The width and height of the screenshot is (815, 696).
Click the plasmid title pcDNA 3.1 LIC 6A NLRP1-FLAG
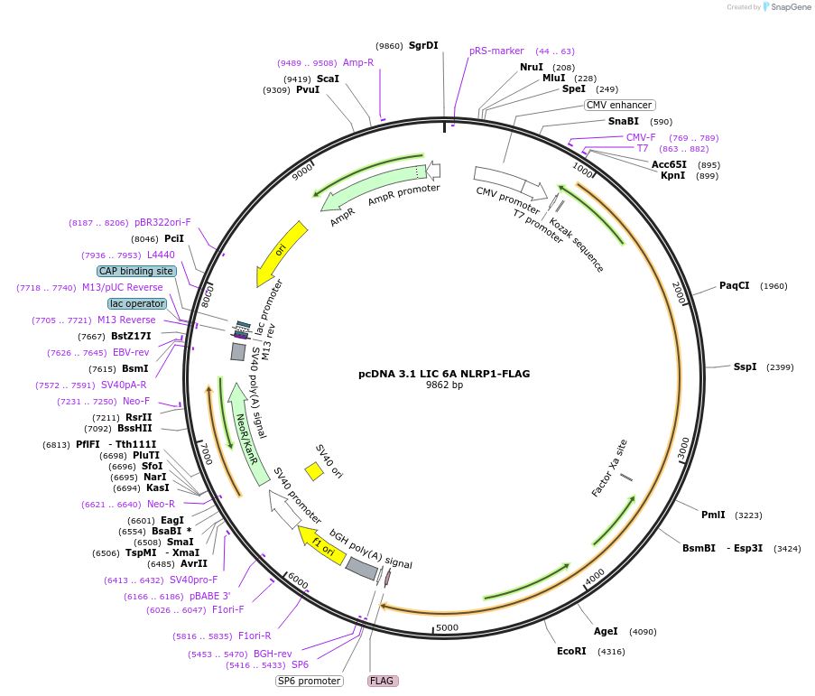click(443, 373)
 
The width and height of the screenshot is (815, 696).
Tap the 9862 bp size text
click(444, 385)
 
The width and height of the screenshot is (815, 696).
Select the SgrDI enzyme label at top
click(423, 45)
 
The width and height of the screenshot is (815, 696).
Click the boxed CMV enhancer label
click(619, 105)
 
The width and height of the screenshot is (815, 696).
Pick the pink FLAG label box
click(383, 681)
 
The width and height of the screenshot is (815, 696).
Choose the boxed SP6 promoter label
click(310, 681)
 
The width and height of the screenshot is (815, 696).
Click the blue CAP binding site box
click(136, 271)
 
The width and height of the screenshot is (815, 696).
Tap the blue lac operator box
click(137, 303)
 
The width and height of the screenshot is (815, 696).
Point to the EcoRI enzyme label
click(571, 651)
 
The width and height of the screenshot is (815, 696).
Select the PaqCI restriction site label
click(734, 286)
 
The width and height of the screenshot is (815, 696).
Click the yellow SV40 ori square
click(314, 471)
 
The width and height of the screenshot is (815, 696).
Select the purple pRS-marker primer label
click(496, 51)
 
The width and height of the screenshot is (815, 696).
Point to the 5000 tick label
click(447, 627)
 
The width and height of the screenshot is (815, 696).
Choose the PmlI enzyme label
click(713, 515)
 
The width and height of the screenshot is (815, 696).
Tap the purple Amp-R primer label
click(358, 62)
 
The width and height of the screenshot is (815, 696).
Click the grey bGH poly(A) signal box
click(362, 569)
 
